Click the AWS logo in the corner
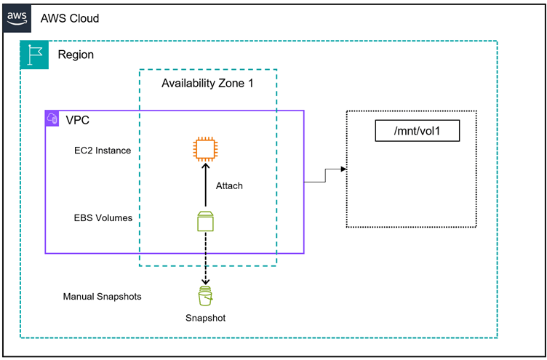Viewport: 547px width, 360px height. click(x=18, y=17)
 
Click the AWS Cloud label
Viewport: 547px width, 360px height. click(x=70, y=18)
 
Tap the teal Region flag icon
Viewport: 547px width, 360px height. click(x=34, y=55)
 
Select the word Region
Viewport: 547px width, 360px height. click(x=76, y=55)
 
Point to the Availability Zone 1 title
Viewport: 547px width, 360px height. click(x=207, y=84)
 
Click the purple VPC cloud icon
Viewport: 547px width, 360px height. click(x=52, y=118)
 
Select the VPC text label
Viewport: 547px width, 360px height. click(x=78, y=119)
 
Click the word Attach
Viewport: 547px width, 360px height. click(x=229, y=186)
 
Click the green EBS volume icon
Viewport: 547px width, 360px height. click(x=206, y=220)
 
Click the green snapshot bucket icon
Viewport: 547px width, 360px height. click(x=206, y=297)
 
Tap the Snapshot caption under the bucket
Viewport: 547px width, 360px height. click(x=206, y=319)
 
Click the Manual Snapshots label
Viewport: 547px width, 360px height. click(x=102, y=297)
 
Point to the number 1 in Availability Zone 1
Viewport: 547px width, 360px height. click(x=251, y=84)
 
